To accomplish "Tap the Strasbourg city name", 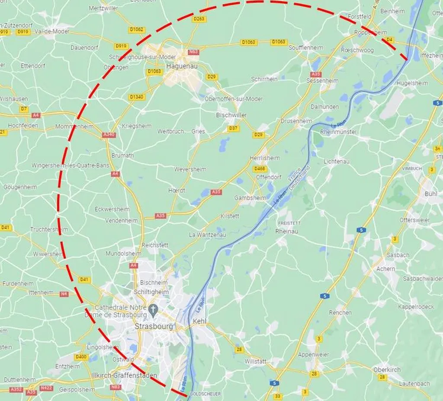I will coord(154,326).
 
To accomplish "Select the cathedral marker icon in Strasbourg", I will coord(152,309).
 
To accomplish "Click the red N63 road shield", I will coord(193,52).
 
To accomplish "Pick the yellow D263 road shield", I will coord(199,19).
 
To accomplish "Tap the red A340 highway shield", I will coord(109,135).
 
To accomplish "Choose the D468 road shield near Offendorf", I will coord(260,169).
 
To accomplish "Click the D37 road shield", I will coord(233,128).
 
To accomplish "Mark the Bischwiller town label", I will coord(231,115).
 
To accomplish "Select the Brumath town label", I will coord(122,155).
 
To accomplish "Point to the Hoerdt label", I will coord(177,190).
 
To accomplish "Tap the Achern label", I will coord(385,268).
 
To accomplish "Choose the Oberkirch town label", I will coord(387,369).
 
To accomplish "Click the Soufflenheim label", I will coord(306,48).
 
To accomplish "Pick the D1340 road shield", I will coord(136,97).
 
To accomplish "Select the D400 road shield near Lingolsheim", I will coord(81,357).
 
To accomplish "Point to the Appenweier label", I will coord(313,354).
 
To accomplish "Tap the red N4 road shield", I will coord(64,294).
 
